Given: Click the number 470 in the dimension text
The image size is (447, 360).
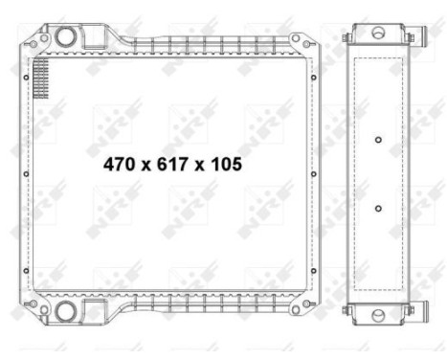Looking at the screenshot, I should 119,165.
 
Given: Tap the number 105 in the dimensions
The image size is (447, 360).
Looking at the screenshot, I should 225,165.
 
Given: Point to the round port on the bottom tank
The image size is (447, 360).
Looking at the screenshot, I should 66,312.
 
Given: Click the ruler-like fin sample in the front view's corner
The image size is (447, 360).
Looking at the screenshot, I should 39,77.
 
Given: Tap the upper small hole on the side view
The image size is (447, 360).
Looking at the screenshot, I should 378,141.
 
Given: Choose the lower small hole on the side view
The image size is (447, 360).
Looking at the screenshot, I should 378,208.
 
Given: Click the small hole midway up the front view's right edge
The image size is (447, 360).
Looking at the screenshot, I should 314,174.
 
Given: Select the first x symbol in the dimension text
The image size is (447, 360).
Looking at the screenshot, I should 145,166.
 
